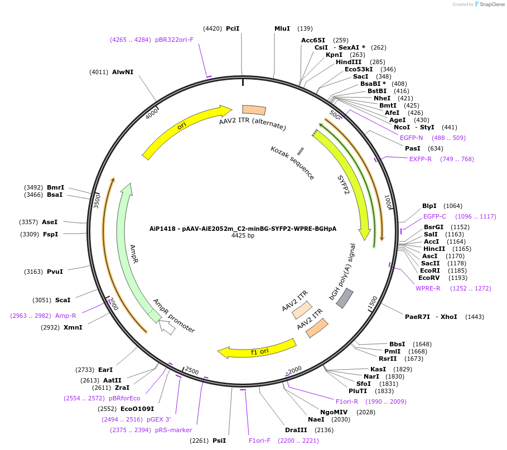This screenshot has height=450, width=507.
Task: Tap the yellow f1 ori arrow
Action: coord(257,349)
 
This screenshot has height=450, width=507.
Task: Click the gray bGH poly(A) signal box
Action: coord(346,298)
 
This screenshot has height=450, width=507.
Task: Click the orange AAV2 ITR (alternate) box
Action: coord(254,110)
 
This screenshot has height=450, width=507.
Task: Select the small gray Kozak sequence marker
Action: coord(301,151)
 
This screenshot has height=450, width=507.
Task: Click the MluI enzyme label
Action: coord(282,28)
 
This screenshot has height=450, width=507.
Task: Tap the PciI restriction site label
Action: coord(233,28)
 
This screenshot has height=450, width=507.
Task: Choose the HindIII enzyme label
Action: coord(349,62)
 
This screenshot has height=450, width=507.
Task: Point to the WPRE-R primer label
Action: coord(428,288)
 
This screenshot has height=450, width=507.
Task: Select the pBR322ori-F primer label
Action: coord(174,40)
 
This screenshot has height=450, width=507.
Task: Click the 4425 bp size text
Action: coord(243,236)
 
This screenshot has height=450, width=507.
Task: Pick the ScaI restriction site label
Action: coord(62,300)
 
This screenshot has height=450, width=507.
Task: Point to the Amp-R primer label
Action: coord(66,316)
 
